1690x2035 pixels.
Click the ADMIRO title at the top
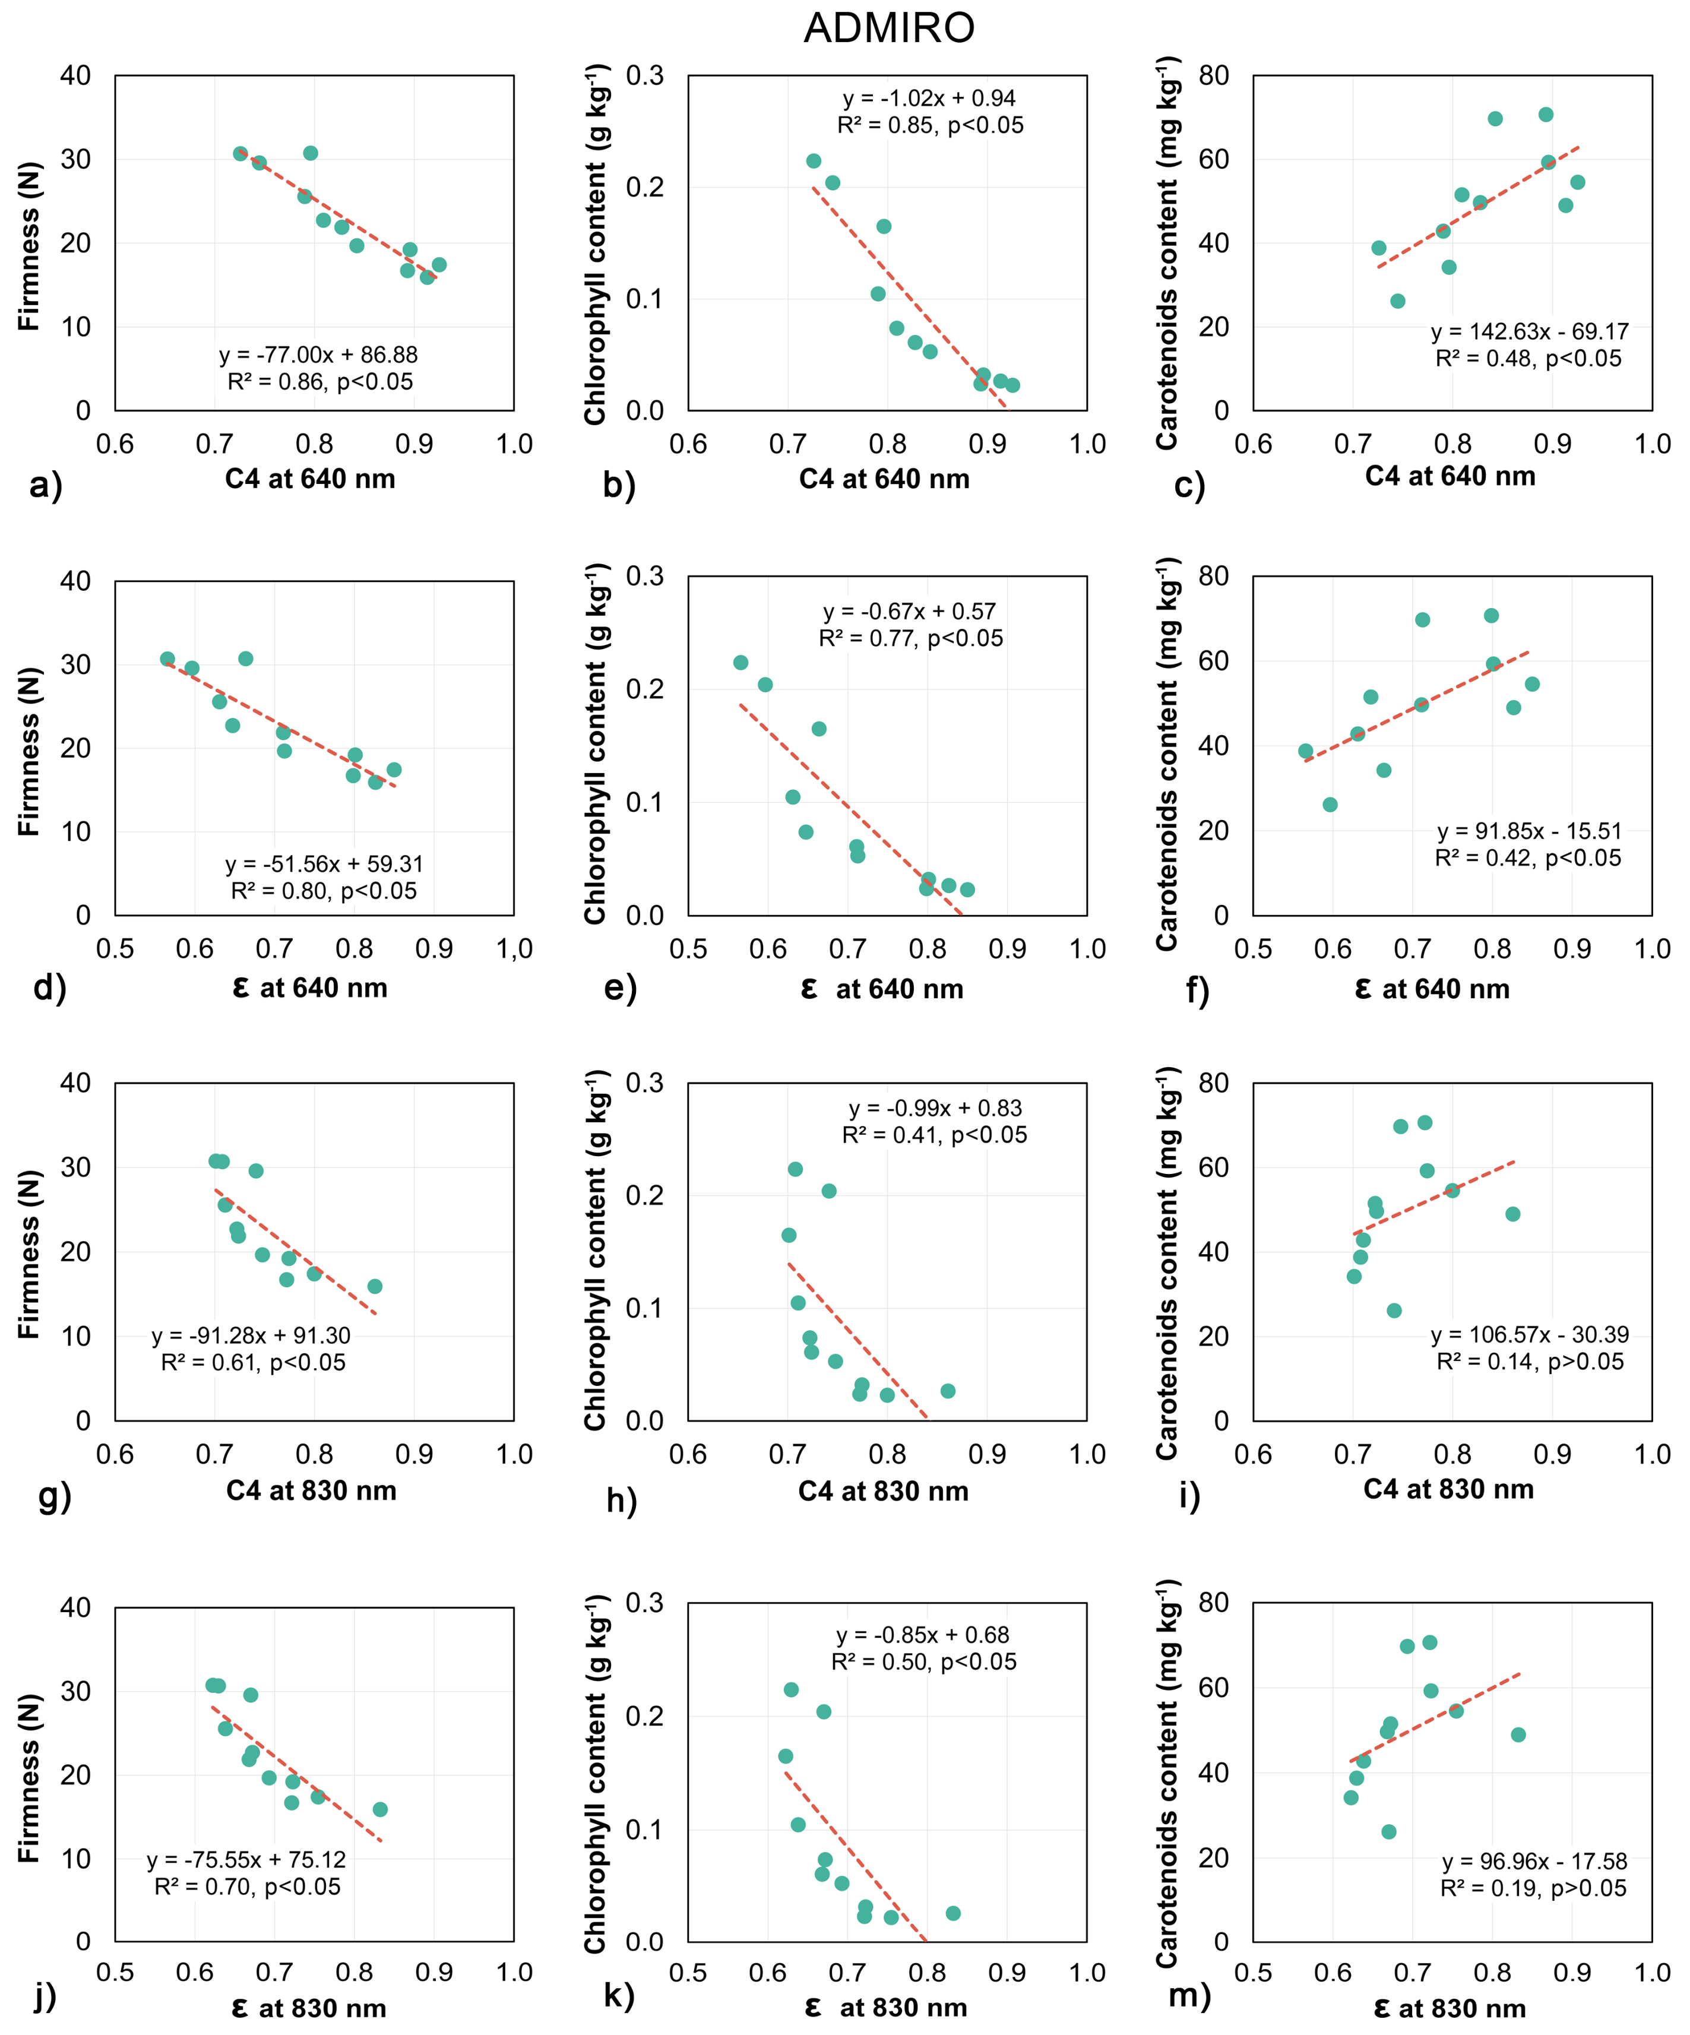click(888, 27)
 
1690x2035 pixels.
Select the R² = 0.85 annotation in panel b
click(931, 125)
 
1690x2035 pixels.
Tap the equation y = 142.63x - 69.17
click(1530, 331)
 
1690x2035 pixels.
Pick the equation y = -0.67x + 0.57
click(910, 612)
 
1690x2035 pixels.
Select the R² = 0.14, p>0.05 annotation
click(1530, 1362)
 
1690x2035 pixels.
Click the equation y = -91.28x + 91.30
click(251, 1335)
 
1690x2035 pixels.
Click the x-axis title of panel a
click(310, 479)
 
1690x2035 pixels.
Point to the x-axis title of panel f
click(1432, 989)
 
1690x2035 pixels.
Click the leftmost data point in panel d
click(167, 659)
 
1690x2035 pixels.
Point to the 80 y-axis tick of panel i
click(1213, 1083)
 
